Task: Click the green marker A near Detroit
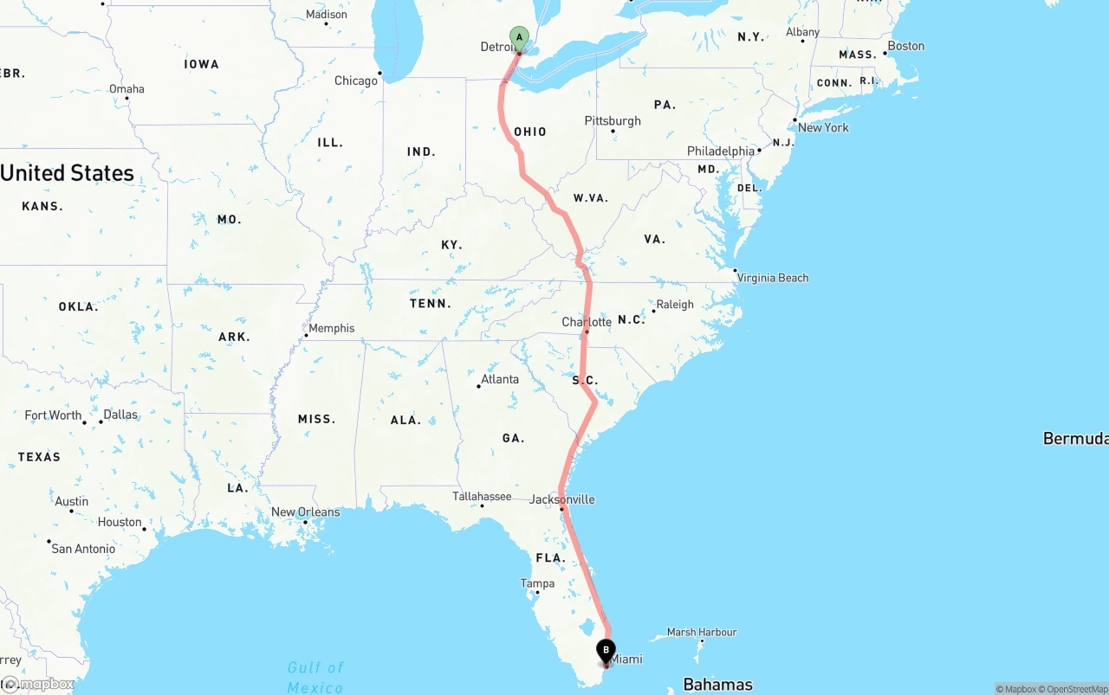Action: coord(519,37)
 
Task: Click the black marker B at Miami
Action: coord(606,649)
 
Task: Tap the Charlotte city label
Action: coord(587,322)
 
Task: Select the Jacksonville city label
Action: coord(562,499)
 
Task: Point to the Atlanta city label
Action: coord(500,379)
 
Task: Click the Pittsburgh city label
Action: coord(613,120)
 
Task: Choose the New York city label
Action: coord(823,127)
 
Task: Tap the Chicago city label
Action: coord(356,80)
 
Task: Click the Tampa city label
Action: coord(537,583)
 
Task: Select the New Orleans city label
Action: coord(306,512)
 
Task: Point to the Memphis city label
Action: coord(331,328)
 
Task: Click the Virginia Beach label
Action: coord(772,278)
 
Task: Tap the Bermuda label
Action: coord(1075,439)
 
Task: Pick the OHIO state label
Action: coord(530,132)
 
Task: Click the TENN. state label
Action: coord(431,303)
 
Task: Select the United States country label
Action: coord(67,173)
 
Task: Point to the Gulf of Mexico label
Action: coord(315,677)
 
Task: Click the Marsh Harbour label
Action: coord(701,632)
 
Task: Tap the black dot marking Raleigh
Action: coord(653,311)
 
